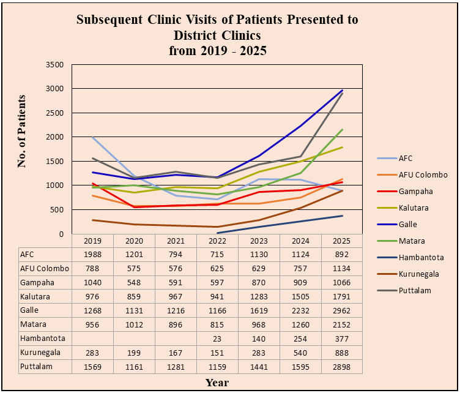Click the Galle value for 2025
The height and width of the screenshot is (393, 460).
coord(341,311)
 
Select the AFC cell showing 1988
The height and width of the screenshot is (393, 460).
coord(92,255)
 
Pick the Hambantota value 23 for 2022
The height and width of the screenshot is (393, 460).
coord(217,339)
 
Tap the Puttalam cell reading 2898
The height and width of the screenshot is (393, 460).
coord(341,367)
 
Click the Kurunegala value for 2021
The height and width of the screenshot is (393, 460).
coord(175,353)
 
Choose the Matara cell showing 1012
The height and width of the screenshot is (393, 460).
coord(133,324)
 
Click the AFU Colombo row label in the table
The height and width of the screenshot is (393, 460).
coord(44,269)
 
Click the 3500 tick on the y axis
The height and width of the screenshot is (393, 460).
coord(55,64)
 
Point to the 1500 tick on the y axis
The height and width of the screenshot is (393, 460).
coord(55,161)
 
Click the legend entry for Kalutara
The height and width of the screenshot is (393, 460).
coord(415,208)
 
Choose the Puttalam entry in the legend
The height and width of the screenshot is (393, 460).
coord(415,291)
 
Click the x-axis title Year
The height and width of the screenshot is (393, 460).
coord(217,383)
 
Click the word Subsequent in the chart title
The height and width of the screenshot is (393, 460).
coord(109,20)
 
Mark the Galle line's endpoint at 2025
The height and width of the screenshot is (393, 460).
coord(342,91)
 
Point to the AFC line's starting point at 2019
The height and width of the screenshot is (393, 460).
coord(92,138)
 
